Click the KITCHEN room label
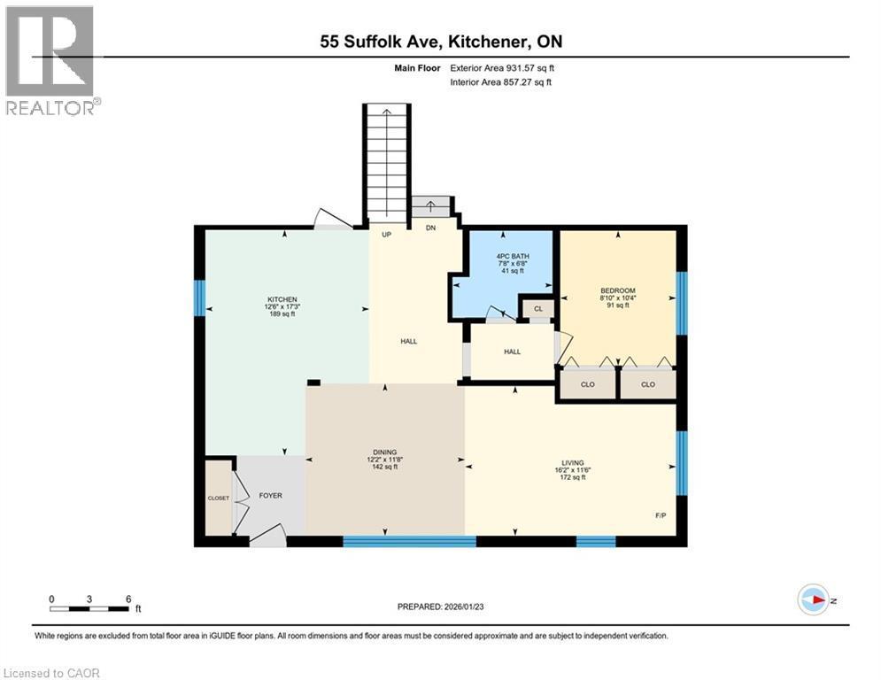[x=283, y=299]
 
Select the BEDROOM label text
[x=618, y=290]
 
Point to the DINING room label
[x=384, y=451]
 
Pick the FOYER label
[x=271, y=496]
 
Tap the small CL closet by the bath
[x=537, y=309]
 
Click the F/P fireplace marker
[x=659, y=514]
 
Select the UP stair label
[x=386, y=236]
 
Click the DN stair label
[x=430, y=228]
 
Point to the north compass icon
[x=813, y=600]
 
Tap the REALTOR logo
[x=50, y=60]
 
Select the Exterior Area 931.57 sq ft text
[x=502, y=67]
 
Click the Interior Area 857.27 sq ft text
[x=500, y=81]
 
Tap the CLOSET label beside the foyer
[x=218, y=498]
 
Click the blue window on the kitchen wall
[x=199, y=298]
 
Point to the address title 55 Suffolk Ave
[x=440, y=42]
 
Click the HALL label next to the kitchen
[x=408, y=341]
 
